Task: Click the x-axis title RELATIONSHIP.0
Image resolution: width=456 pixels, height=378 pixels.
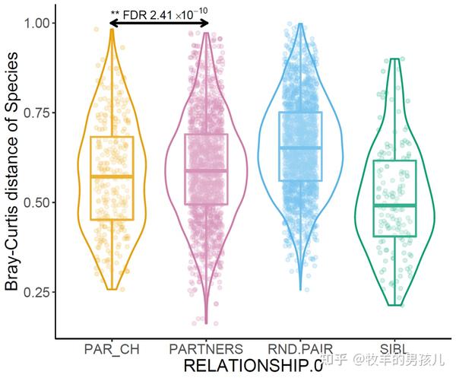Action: [x=253, y=366]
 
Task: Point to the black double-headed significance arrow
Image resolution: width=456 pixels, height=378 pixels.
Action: [x=159, y=23]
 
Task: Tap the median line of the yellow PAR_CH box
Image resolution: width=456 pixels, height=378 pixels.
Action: [x=112, y=176]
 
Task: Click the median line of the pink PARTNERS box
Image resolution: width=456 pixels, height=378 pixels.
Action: [x=206, y=170]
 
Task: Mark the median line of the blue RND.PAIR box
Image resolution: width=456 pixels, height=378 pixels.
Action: [x=300, y=148]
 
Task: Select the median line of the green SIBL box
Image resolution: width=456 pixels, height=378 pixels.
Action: [x=394, y=205]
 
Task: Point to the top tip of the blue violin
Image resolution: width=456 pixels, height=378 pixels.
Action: [x=300, y=24]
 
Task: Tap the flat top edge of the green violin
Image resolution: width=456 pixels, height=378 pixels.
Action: [x=394, y=59]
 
